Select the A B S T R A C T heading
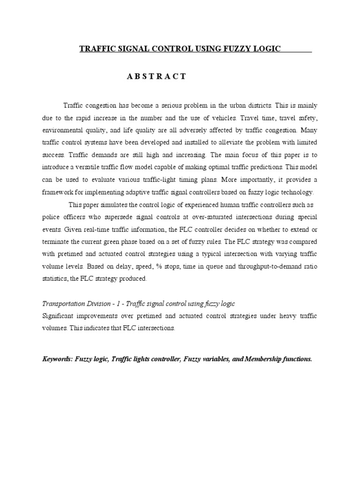157,77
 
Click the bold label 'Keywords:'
58,359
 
